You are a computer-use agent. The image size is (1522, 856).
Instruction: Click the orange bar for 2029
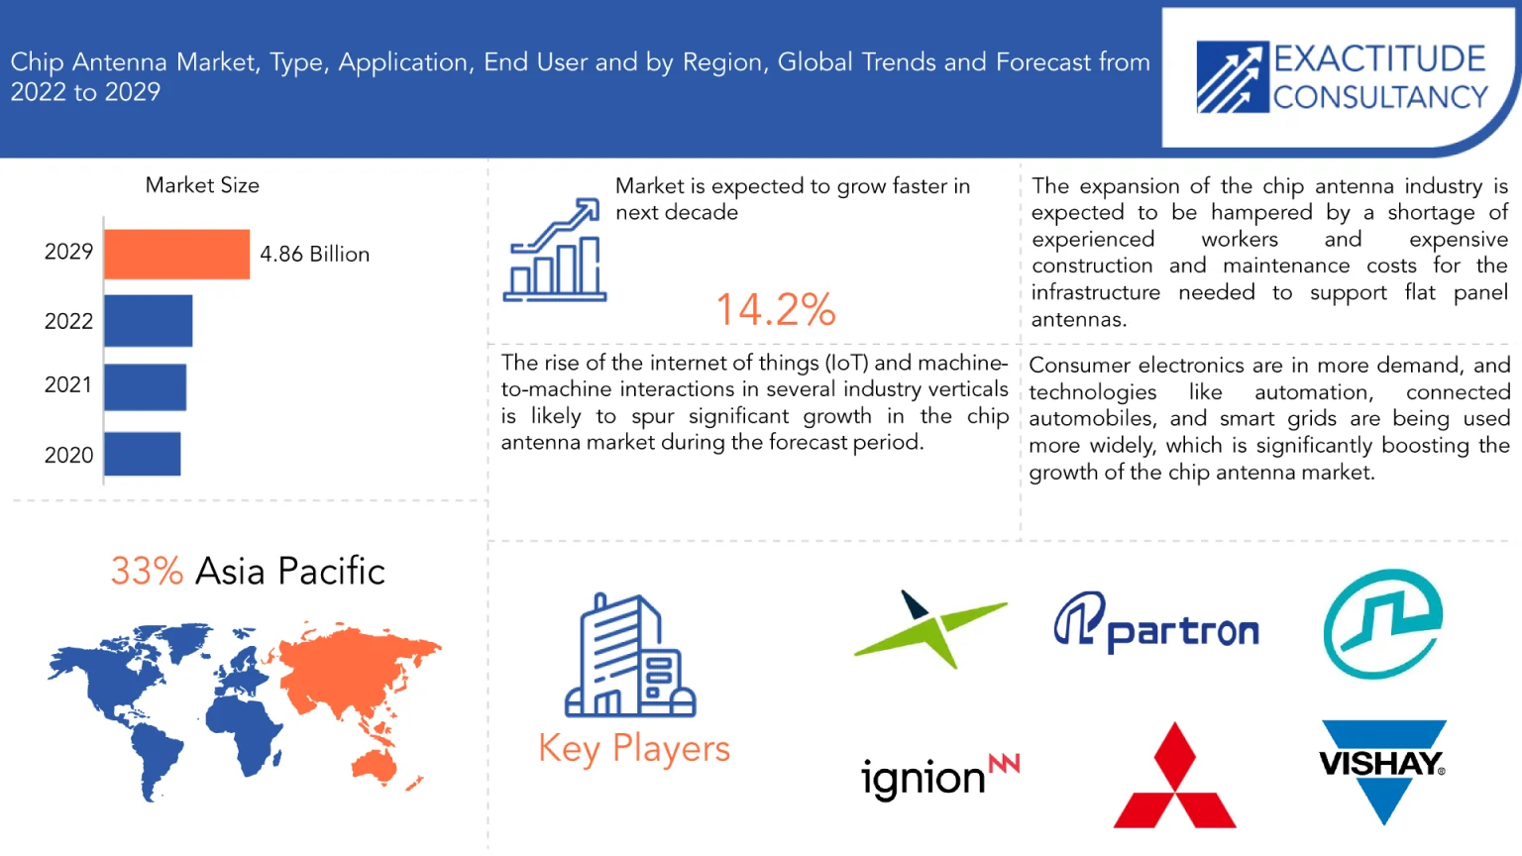(176, 254)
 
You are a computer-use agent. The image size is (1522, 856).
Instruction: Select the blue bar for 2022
(148, 321)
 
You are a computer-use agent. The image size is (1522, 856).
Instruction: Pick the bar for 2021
(145, 386)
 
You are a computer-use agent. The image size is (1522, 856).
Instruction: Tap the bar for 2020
(142, 454)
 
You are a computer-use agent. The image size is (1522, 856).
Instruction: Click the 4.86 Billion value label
(314, 254)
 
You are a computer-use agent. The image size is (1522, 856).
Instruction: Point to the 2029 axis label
(68, 252)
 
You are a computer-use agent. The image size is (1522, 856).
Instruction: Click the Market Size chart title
(202, 185)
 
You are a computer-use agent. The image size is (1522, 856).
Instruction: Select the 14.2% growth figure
(776, 310)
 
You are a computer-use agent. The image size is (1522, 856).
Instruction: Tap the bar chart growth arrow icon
(555, 250)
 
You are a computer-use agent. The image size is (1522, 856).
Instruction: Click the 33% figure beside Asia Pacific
(147, 571)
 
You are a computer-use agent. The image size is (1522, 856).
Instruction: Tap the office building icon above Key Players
(630, 656)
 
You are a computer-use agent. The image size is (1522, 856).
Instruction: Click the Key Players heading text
(634, 749)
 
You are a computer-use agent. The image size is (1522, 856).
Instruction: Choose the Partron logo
(1156, 622)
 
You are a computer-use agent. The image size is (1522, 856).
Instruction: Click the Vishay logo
(1382, 772)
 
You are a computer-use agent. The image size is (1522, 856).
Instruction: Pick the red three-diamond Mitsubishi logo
(1175, 776)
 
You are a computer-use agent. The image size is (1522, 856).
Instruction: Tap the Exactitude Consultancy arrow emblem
(1233, 76)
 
